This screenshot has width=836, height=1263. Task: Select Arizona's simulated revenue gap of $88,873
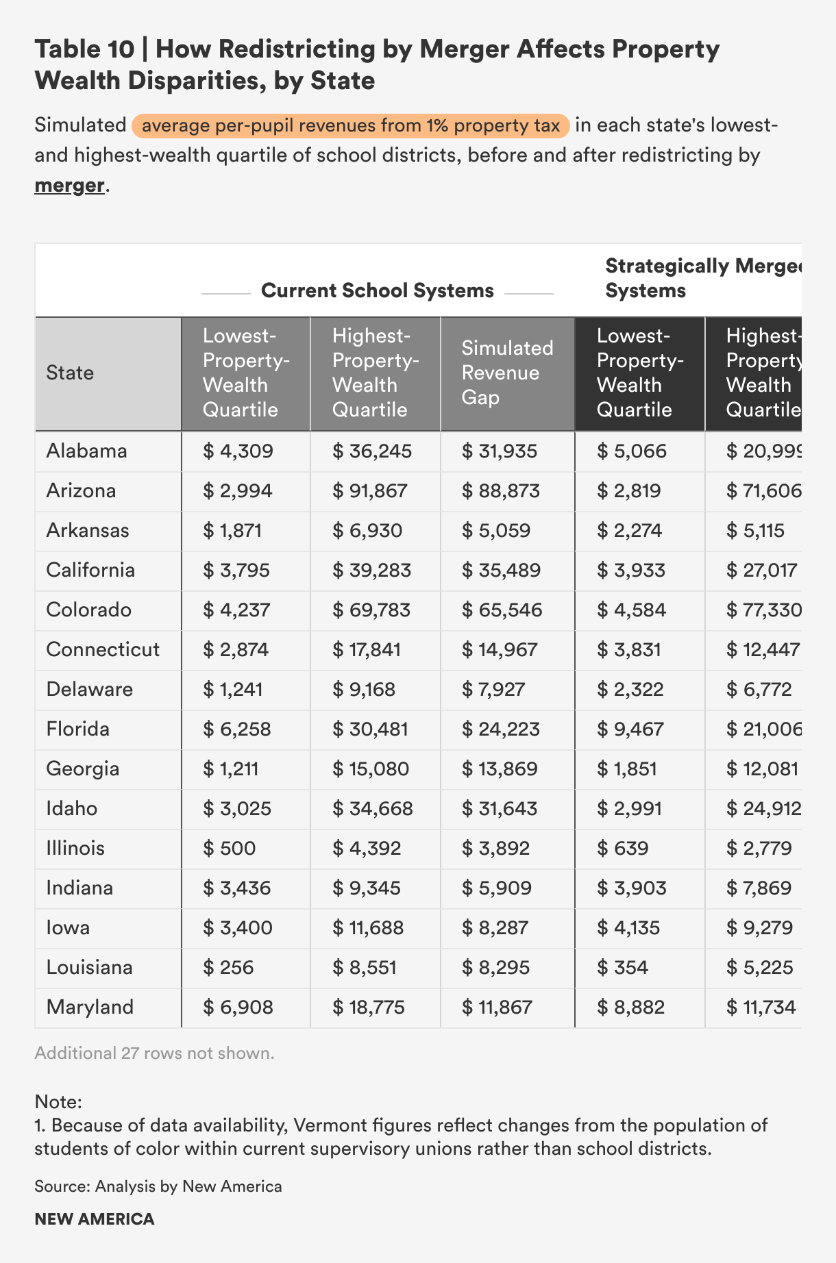tap(500, 490)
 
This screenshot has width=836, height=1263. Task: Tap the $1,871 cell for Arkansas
tap(232, 530)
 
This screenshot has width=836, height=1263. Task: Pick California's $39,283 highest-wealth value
tap(371, 570)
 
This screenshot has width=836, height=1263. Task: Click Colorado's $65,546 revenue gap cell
tap(502, 610)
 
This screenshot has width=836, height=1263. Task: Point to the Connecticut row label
tap(103, 649)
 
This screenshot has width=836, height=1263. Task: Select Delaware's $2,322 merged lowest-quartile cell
tap(630, 689)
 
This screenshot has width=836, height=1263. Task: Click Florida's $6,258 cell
tap(237, 729)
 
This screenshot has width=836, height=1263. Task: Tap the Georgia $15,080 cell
tap(370, 768)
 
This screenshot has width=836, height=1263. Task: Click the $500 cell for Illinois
tap(229, 848)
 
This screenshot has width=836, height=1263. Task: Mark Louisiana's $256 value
tap(228, 967)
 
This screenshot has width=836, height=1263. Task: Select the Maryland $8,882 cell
tap(630, 1007)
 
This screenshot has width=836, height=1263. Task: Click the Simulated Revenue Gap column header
tap(507, 373)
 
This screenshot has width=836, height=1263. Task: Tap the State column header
tap(70, 373)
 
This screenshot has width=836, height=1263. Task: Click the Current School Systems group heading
tap(378, 290)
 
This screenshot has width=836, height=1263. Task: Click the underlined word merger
tap(70, 185)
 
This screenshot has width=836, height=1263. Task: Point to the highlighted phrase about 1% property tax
tap(351, 126)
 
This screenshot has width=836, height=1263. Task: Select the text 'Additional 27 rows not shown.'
tap(154, 1053)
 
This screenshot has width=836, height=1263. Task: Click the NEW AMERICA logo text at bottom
tap(95, 1219)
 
